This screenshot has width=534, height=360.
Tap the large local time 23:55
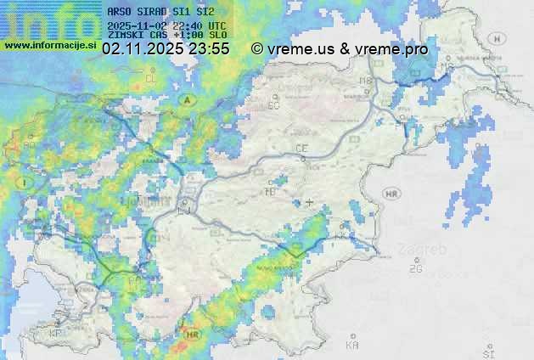coord(210,49)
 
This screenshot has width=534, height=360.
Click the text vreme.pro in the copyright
coord(391,49)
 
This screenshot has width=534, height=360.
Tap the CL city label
coord(152,78)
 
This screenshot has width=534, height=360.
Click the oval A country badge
coord(185,99)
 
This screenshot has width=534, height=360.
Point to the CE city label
coord(301,149)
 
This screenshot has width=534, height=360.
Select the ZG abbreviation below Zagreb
coord(415,268)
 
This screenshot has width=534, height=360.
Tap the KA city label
coord(352,345)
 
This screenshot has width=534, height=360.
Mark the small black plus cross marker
coord(309,202)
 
